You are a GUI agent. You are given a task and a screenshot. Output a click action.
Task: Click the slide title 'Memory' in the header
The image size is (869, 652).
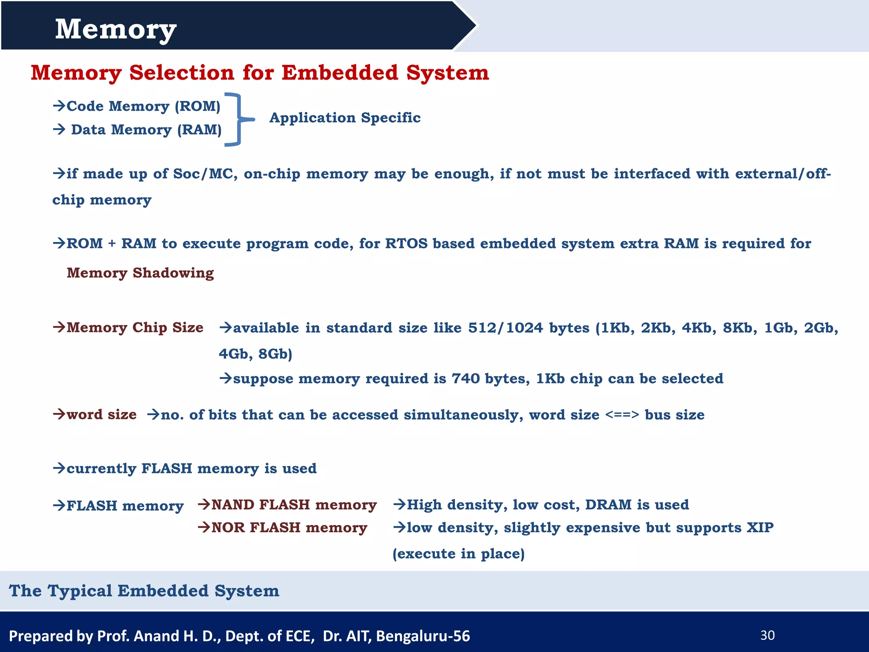click(x=115, y=30)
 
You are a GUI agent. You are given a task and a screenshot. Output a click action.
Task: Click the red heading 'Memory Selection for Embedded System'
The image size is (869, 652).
click(x=260, y=73)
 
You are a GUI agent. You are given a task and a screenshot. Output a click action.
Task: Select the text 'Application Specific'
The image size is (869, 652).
click(x=345, y=118)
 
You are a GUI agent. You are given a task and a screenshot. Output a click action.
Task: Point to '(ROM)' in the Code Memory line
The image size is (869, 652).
click(x=198, y=106)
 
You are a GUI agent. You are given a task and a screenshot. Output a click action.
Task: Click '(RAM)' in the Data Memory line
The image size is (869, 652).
click(x=199, y=129)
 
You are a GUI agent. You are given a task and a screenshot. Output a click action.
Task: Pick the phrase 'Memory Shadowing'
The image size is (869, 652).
click(x=140, y=273)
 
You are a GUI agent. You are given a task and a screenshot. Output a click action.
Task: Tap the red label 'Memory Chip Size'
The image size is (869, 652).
click(x=135, y=327)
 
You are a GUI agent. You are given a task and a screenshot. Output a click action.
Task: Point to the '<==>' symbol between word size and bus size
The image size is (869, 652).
click(x=622, y=414)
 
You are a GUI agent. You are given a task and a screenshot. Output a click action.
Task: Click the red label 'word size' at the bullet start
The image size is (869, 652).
click(x=101, y=414)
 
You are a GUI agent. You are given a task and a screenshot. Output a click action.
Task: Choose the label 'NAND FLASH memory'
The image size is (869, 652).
click(x=294, y=504)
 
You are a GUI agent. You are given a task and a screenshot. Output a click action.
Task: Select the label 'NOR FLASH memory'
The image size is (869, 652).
click(x=289, y=527)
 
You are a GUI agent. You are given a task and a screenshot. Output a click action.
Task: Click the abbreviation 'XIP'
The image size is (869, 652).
click(x=760, y=527)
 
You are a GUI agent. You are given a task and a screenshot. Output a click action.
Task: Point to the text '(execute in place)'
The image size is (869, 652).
click(x=459, y=554)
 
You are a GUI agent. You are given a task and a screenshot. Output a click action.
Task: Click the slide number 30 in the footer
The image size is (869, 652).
click(x=767, y=635)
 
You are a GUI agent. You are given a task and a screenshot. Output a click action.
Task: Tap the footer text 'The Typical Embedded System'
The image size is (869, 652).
click(x=144, y=590)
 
